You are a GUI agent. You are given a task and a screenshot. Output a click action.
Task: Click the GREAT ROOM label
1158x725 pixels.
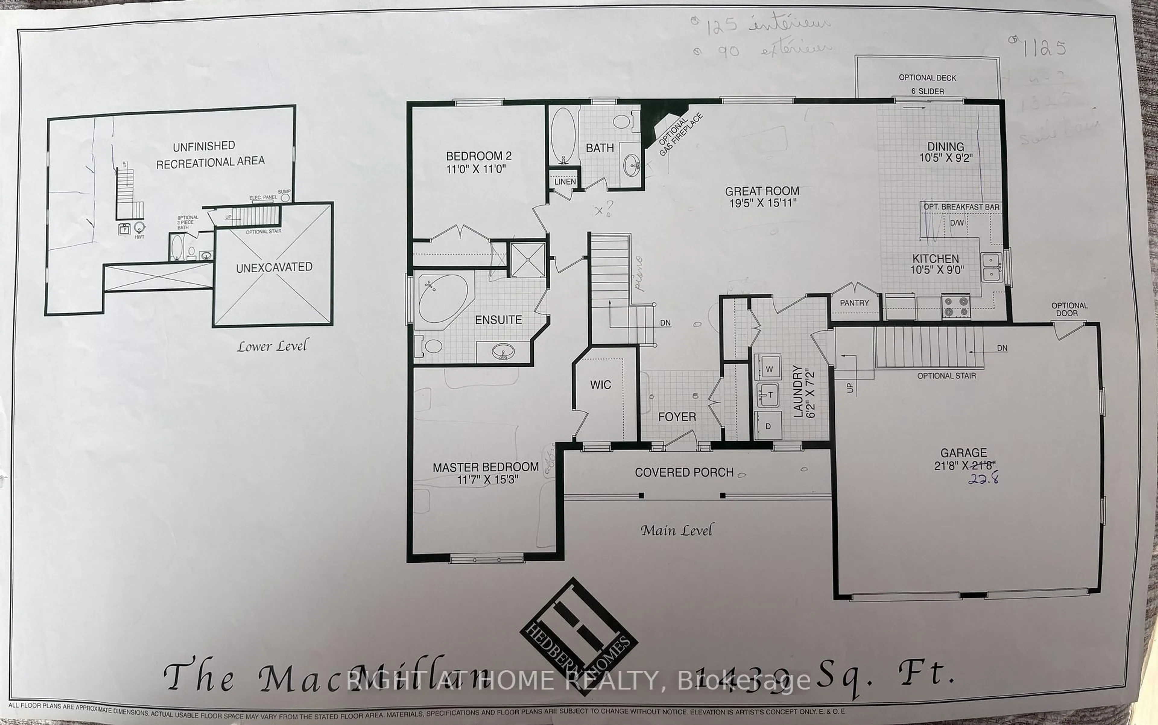tap(762, 197)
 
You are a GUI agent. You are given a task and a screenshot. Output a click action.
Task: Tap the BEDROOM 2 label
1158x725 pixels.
tap(479, 162)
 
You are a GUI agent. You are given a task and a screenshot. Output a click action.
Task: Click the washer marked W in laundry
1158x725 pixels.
tap(769, 368)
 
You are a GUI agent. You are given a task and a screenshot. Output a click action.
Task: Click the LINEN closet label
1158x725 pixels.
tap(565, 182)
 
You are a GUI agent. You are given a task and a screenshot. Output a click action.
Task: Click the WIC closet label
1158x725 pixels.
tap(600, 385)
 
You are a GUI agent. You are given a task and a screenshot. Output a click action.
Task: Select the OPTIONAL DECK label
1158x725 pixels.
tap(927, 78)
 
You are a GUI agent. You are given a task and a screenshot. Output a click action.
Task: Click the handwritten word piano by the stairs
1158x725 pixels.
tap(639, 273)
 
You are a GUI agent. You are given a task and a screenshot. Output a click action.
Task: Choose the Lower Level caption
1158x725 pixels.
tap(272, 346)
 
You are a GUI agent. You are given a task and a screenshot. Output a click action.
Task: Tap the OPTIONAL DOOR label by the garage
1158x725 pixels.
tap(1069, 309)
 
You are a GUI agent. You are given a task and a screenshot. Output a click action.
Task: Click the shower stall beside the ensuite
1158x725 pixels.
tap(527, 260)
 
